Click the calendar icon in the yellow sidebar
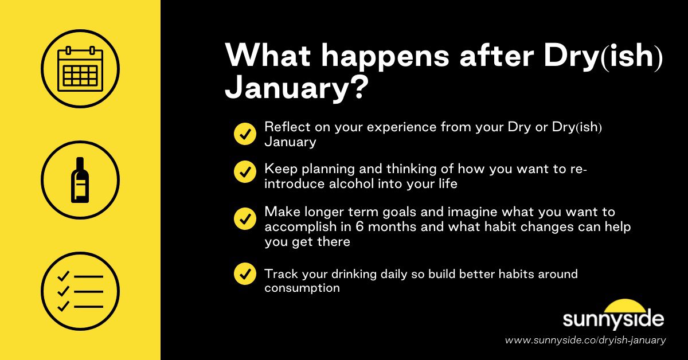point(80,69)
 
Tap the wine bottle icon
point(80,180)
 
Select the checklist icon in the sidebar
point(80,291)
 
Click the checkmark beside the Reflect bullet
point(245,134)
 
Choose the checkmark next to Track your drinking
point(245,273)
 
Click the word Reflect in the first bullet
point(286,127)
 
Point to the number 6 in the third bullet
point(359,227)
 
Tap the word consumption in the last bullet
point(302,288)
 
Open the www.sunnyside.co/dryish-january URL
point(585,341)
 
